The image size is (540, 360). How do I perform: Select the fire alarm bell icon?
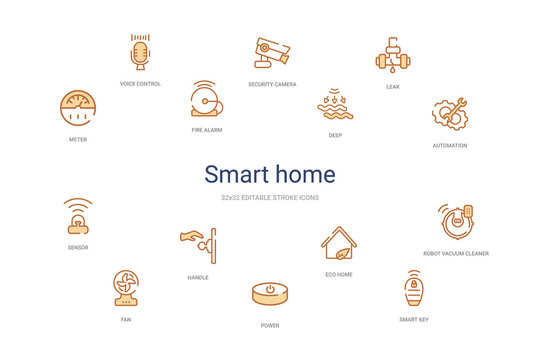tap(206, 100)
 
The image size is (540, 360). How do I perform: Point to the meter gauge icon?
tap(77, 108)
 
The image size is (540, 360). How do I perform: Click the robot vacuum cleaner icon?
tap(456, 221)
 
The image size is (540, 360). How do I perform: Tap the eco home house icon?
tap(339, 244)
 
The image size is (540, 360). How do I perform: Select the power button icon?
tap(270, 294)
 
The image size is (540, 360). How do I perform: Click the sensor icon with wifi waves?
tap(78, 216)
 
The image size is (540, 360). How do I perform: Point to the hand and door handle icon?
tap(198, 243)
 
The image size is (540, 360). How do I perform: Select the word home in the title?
tap(305, 174)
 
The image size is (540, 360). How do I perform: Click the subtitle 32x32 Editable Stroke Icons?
tap(270, 198)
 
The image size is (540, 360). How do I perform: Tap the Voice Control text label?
tap(140, 83)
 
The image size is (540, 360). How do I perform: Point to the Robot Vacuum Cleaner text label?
tap(456, 253)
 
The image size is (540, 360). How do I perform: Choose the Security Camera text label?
tap(272, 84)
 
